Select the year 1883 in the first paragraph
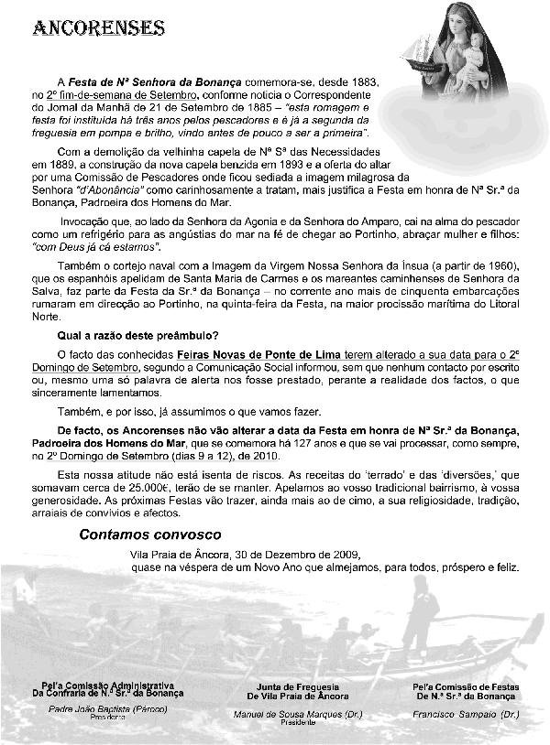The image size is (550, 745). pyautogui.click(x=363, y=81)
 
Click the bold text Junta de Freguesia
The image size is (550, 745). pyautogui.click(x=290, y=686)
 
